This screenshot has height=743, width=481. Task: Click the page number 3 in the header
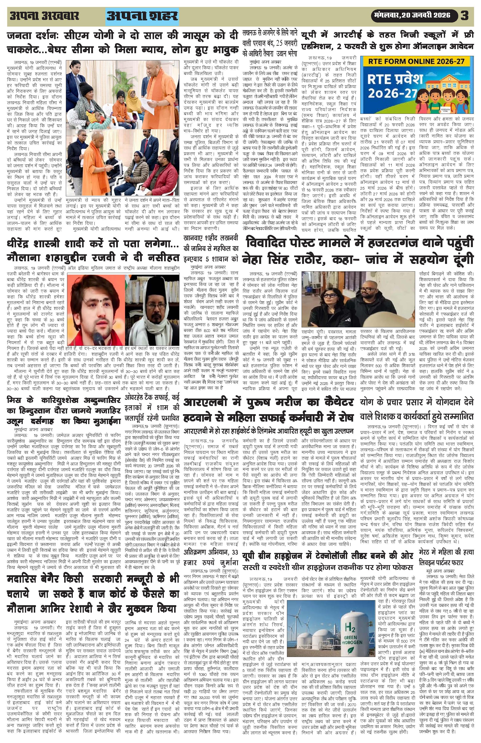464,16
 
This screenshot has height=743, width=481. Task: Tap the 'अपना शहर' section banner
143,16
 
